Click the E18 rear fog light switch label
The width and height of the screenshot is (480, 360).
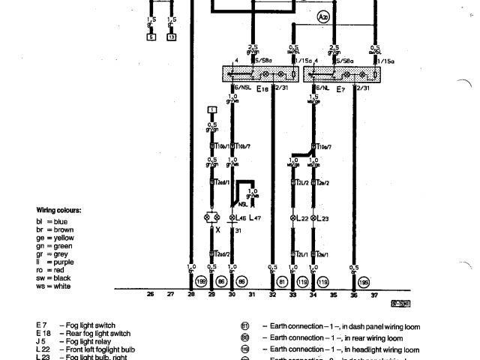(x=262, y=88)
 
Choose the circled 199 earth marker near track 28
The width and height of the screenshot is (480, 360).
(x=201, y=281)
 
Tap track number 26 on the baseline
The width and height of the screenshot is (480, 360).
(x=150, y=295)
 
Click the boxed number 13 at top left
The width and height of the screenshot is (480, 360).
(x=172, y=37)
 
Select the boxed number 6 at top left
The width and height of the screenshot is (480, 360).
(x=151, y=37)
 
